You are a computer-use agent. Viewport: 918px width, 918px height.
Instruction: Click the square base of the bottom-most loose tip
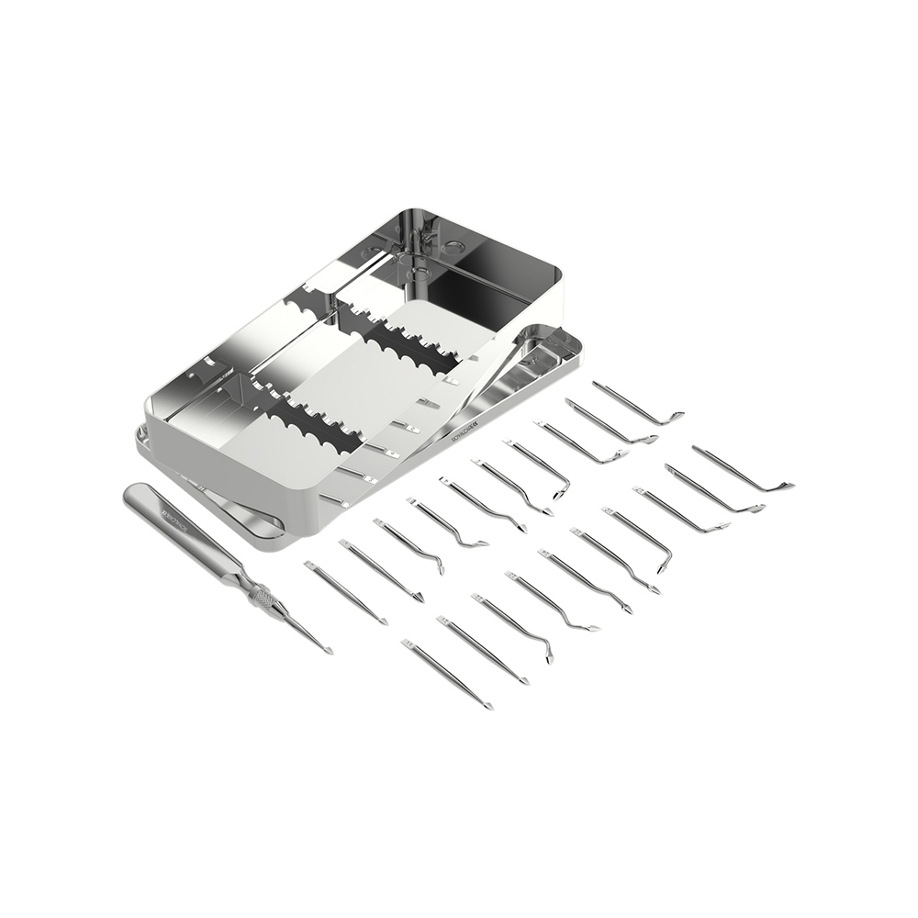click(406, 644)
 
